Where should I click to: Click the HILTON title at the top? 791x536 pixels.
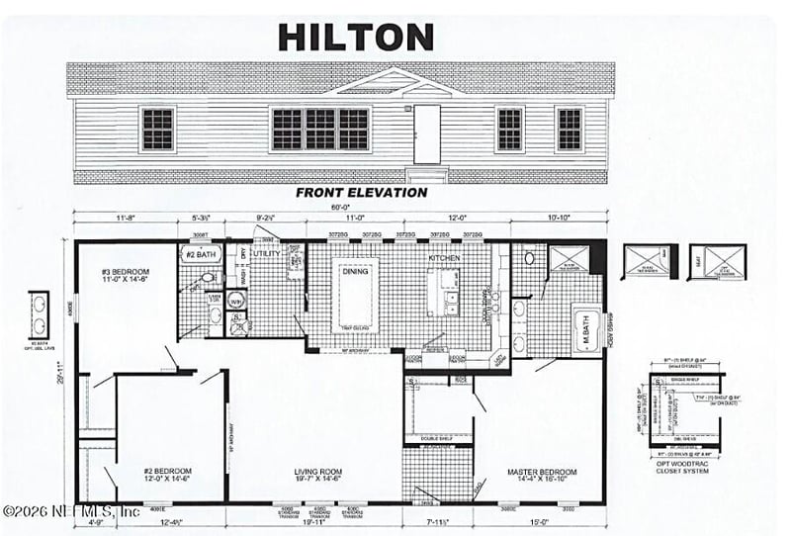356,37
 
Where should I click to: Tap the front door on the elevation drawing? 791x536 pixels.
427,133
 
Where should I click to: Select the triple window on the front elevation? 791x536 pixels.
320,129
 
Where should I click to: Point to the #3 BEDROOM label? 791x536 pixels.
126,275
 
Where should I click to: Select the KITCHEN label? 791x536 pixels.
444,256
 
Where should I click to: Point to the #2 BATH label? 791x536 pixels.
201,254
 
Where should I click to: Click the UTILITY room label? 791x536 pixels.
268,254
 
